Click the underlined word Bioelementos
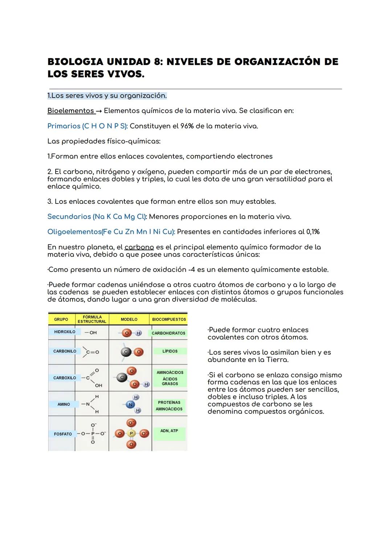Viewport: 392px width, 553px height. (70, 111)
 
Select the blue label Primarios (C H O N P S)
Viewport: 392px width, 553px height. (87, 126)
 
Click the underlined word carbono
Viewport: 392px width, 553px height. (139, 247)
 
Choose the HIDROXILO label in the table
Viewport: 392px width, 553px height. (65, 332)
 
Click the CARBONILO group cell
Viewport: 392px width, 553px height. (65, 351)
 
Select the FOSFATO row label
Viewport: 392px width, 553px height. (63, 434)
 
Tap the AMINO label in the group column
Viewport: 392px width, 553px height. (64, 404)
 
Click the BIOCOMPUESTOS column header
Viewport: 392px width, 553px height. (169, 319)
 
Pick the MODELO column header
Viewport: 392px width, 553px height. (129, 319)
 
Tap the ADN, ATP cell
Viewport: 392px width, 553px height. (169, 431)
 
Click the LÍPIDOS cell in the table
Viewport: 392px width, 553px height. (170, 351)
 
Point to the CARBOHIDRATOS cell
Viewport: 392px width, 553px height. (168, 333)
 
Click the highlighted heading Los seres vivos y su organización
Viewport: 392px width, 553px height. (107, 96)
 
